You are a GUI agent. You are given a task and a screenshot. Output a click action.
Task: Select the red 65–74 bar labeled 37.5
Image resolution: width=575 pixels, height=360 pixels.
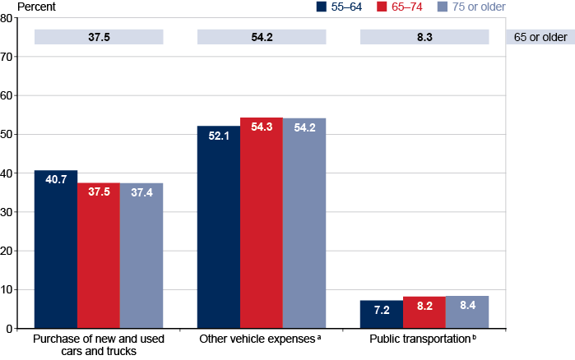[x=99, y=256]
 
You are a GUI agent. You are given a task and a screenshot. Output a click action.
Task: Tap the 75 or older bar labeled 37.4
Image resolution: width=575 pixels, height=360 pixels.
[x=141, y=256]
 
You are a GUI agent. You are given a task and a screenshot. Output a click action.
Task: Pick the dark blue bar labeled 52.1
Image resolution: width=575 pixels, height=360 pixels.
[x=219, y=227]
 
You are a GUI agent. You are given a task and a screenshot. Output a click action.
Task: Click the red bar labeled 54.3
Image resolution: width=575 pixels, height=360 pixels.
[x=262, y=223]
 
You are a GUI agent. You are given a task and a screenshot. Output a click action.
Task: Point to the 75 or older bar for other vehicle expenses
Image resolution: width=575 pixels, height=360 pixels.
[x=304, y=223]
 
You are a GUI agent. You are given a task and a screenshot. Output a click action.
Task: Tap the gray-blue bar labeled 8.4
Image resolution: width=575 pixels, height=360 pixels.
[x=467, y=312]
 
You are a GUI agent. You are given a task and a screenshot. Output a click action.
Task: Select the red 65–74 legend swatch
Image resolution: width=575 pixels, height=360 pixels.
[x=383, y=7]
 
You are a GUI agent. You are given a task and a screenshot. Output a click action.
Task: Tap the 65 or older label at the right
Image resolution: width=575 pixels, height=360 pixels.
[x=538, y=37]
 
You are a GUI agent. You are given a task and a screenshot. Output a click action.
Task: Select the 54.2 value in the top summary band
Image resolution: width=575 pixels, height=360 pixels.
[x=261, y=37]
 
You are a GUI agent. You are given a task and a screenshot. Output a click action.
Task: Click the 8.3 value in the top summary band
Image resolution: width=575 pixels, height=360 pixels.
[x=424, y=37]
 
